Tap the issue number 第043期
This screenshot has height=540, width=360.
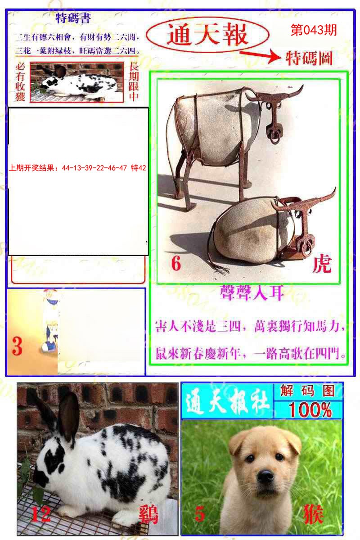[314, 30]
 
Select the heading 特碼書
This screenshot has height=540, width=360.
[73, 18]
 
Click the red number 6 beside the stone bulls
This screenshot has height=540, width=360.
[176, 264]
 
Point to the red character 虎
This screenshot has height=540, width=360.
[322, 264]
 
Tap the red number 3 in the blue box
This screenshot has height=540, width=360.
[17, 346]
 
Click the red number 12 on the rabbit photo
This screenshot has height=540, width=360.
[40, 513]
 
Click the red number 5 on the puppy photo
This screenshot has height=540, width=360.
[200, 513]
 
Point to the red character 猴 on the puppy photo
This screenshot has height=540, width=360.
[313, 513]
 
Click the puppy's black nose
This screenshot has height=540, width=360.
[265, 476]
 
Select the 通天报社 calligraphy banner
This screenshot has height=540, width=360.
[227, 401]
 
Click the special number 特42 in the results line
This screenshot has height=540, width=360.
[138, 168]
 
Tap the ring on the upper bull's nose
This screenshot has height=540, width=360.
[274, 134]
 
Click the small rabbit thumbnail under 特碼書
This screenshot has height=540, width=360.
[76, 82]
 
